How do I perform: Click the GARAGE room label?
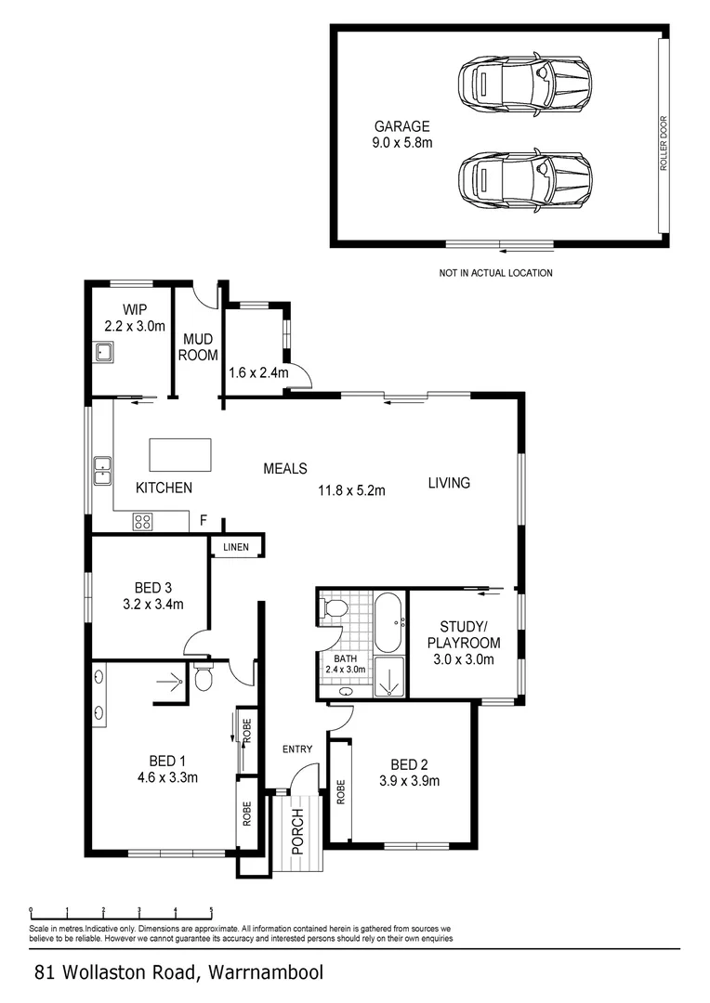tap(402, 126)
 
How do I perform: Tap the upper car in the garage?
tap(525, 81)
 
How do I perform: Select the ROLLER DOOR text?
tap(664, 143)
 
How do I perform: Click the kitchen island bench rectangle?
tap(180, 455)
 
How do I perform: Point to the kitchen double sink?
tap(102, 471)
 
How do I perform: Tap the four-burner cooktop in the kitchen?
tap(143, 522)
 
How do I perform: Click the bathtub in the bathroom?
tap(388, 622)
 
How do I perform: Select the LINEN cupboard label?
tap(236, 547)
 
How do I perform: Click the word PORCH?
tap(297, 831)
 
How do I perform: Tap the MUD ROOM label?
tap(198, 347)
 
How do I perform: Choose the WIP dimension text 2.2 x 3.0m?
tap(135, 326)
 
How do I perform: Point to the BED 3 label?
tap(153, 587)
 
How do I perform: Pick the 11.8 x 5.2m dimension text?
tap(352, 491)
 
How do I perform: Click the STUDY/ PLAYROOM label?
tap(464, 634)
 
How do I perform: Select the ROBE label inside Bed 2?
tap(340, 792)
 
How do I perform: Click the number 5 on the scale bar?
tap(211, 909)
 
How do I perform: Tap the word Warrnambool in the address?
tap(266, 973)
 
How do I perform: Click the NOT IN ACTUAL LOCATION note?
tap(495, 273)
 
